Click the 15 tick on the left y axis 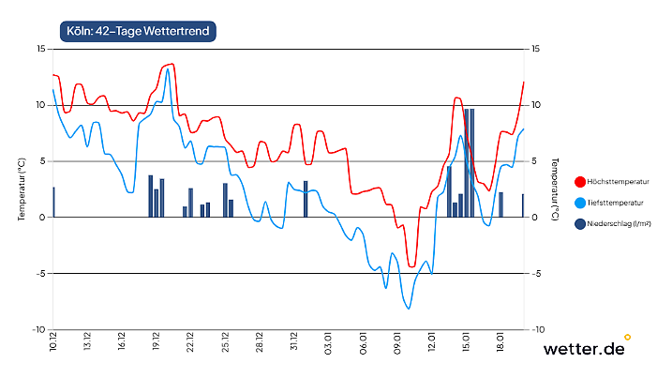pyautogui.click(x=40, y=49)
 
